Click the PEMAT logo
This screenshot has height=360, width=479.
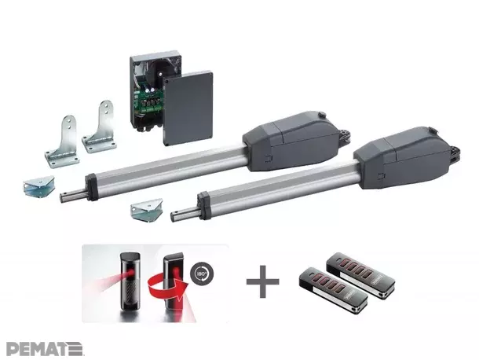pyautogui.click(x=44, y=349)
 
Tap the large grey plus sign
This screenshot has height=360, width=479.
pyautogui.click(x=263, y=281)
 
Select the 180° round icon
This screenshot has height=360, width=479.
pyautogui.click(x=202, y=273)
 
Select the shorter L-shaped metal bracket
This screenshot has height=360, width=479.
pyautogui.click(x=62, y=141)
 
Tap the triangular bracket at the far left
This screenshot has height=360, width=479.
pyautogui.click(x=38, y=187)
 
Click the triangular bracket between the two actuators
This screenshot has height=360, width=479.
pyautogui.click(x=146, y=210)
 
